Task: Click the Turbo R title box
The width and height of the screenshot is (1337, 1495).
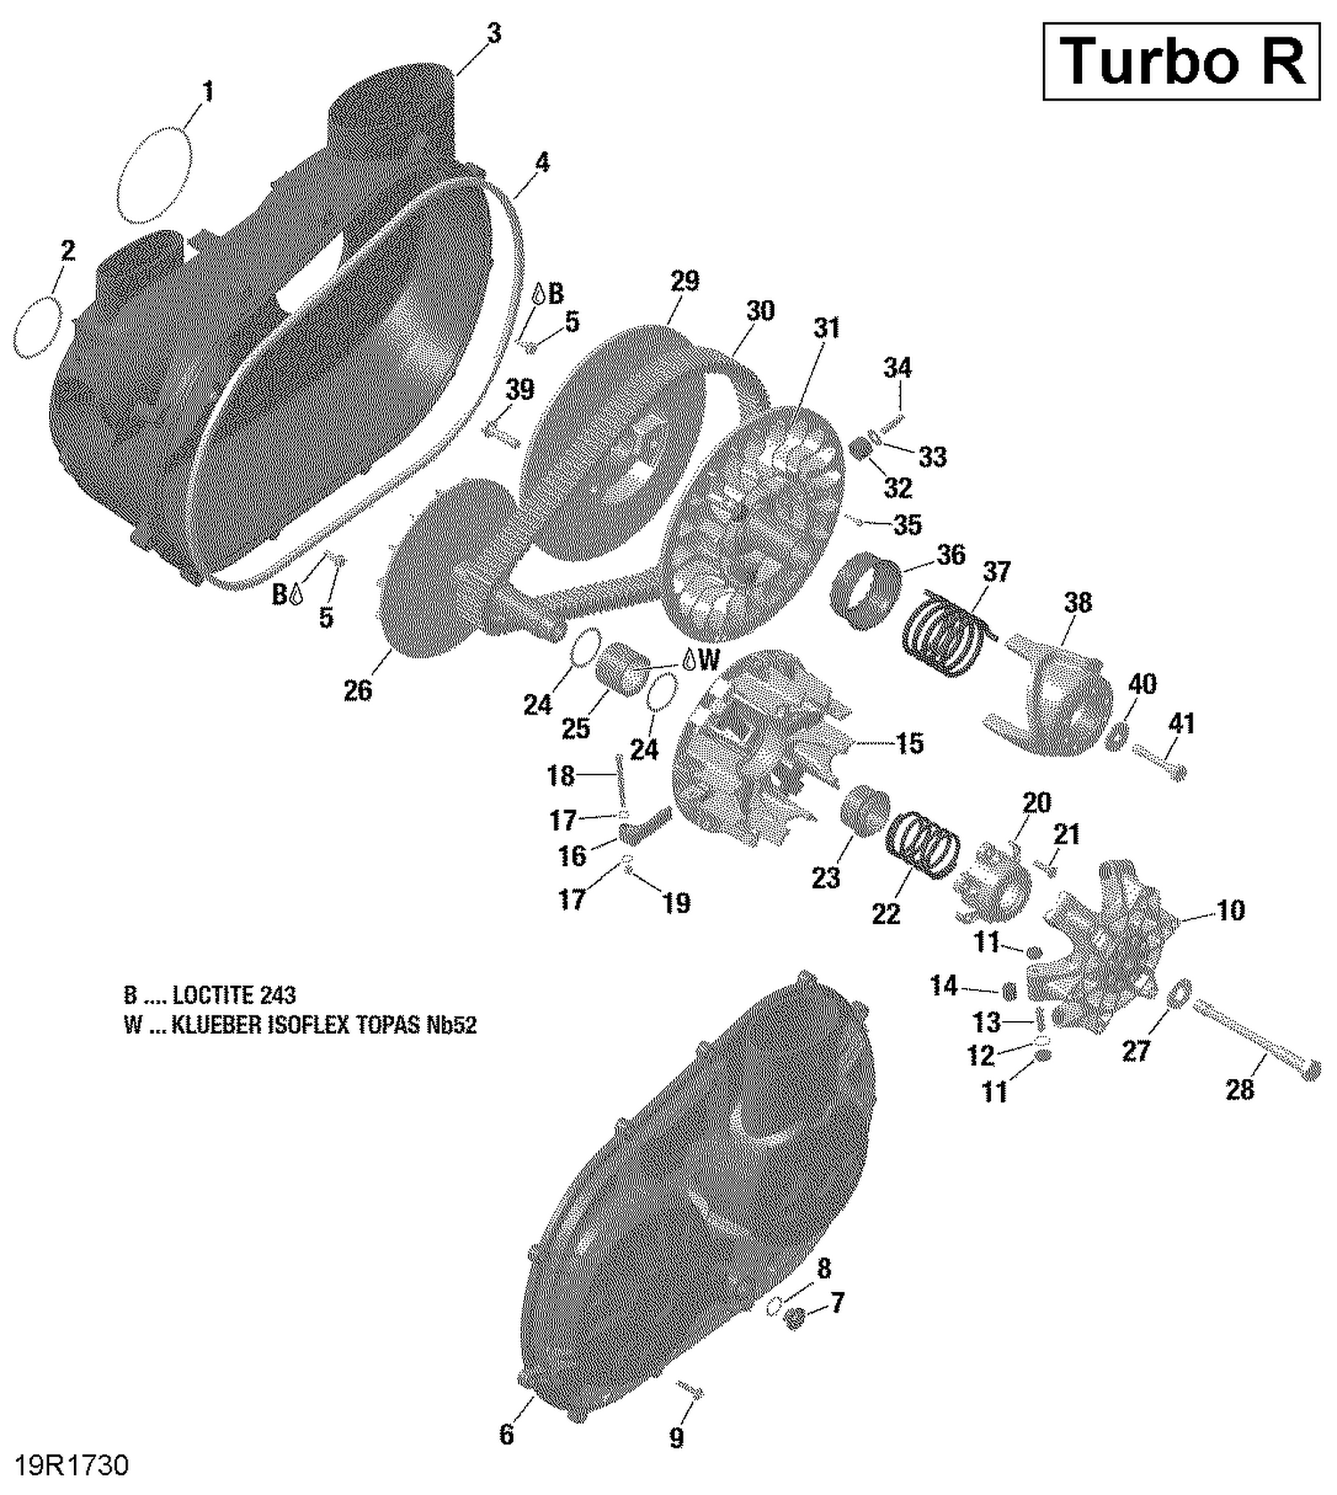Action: [x=1181, y=61]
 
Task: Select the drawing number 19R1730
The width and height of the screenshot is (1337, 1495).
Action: [x=72, y=1466]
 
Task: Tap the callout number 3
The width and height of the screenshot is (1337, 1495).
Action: [x=493, y=33]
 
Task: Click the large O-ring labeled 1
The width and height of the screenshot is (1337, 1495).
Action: [x=154, y=175]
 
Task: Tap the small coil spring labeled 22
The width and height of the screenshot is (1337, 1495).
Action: [x=923, y=842]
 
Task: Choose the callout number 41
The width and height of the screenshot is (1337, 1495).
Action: [x=1181, y=723]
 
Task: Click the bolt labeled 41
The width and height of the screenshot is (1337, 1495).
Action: [x=1158, y=763]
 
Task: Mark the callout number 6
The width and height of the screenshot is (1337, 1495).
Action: [x=506, y=1434]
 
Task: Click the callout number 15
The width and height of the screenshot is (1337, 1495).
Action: [x=909, y=743]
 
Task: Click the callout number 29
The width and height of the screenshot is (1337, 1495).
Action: [x=685, y=281]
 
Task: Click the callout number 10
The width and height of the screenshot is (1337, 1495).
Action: [x=1230, y=911]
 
